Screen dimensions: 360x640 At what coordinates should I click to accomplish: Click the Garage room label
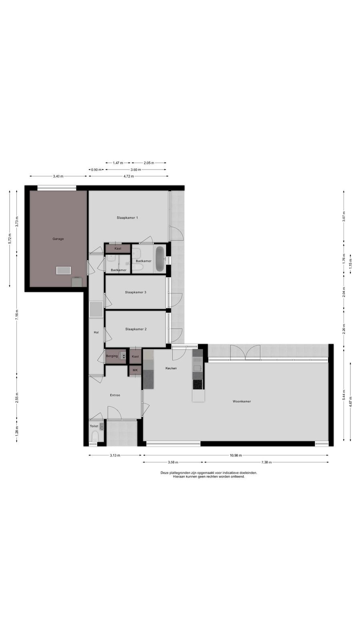point(58,239)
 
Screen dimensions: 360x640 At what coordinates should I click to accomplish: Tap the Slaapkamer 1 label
point(128,218)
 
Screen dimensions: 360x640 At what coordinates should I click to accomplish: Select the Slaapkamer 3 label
point(136,292)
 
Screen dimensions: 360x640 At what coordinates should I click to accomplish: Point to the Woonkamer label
point(242,402)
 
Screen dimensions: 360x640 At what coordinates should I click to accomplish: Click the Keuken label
point(171,368)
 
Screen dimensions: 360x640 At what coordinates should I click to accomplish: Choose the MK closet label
point(135,370)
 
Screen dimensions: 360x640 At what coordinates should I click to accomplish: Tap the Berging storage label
point(112,356)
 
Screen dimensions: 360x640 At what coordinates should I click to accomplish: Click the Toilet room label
point(94,426)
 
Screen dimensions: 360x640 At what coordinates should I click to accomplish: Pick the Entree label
point(115,395)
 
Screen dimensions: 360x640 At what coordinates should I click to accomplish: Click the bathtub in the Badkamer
point(160,259)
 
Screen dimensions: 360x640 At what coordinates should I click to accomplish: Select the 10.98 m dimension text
point(236,456)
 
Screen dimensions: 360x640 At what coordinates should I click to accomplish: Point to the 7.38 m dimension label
point(266,462)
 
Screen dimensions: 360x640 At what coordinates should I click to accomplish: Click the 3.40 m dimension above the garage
point(58,176)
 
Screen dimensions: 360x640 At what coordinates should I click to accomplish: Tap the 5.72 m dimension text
point(10,238)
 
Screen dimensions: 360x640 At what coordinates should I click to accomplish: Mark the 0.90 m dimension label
point(96,170)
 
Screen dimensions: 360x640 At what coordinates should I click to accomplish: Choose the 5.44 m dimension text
point(344,395)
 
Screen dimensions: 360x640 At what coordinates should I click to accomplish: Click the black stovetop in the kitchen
point(198,384)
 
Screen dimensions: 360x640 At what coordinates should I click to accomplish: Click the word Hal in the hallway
point(96,332)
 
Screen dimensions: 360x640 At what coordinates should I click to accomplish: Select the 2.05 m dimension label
point(149,163)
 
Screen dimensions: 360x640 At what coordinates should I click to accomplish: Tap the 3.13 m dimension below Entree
point(115,456)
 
